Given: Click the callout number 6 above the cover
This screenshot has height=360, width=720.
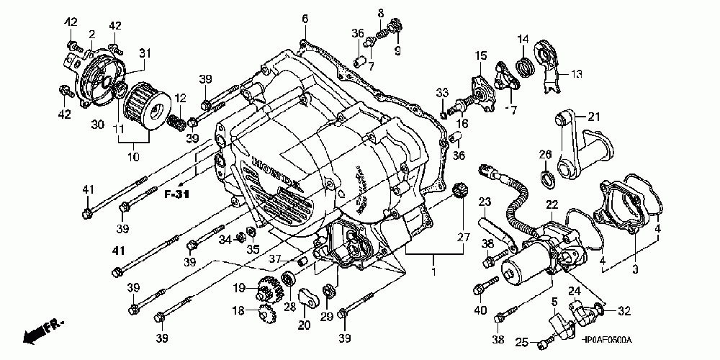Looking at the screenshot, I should [305, 18].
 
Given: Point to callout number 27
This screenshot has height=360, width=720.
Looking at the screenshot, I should [462, 237].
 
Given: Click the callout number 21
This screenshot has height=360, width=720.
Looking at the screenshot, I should [593, 117].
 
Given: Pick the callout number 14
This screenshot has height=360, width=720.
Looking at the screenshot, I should [523, 38].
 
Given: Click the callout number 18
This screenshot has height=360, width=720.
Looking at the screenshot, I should [237, 312].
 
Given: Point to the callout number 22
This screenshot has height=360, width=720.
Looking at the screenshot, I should [552, 205].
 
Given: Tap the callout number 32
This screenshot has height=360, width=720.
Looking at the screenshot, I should [624, 312].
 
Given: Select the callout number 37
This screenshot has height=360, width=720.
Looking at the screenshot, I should [274, 258].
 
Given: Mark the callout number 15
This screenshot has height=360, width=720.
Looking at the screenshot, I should [480, 55].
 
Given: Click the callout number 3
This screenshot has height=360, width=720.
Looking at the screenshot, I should [636, 269].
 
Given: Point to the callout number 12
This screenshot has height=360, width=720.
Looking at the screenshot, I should [180, 98].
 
